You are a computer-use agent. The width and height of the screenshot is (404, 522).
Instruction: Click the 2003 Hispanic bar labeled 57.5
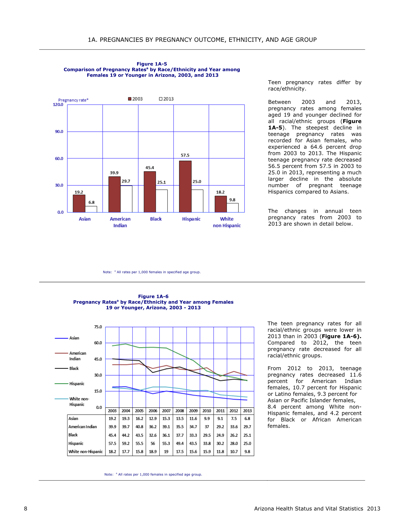(x=185, y=187)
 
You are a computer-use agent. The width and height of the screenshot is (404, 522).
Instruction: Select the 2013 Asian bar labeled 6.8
(x=91, y=209)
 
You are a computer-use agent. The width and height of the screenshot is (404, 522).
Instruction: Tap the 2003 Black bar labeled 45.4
(x=150, y=192)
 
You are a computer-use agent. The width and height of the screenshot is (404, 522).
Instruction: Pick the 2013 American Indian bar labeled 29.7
(x=126, y=199)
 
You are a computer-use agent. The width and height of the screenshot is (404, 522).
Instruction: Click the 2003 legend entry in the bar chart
(x=135, y=99)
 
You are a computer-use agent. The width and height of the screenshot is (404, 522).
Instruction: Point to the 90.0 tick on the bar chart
(x=59, y=131)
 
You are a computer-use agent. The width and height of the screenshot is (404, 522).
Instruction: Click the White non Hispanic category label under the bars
(x=227, y=222)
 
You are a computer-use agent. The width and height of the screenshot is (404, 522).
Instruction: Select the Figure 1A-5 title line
(x=152, y=64)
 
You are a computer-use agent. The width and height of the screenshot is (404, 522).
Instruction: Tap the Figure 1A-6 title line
(x=153, y=296)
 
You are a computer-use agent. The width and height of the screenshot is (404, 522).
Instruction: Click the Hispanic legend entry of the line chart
(x=69, y=384)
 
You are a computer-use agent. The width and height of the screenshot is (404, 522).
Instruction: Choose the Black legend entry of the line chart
(x=67, y=369)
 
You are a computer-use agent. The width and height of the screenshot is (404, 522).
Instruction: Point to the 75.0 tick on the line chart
(x=98, y=327)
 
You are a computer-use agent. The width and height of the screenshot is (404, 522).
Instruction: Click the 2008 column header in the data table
(x=180, y=411)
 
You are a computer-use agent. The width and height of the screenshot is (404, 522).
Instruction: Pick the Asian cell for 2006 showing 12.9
(x=153, y=419)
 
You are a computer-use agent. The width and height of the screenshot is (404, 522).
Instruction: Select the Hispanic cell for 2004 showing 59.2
(x=126, y=444)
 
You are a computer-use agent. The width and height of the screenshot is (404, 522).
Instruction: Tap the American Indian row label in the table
(x=83, y=427)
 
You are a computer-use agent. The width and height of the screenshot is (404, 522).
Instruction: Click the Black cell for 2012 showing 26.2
(x=234, y=435)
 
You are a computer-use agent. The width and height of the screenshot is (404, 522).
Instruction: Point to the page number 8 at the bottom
(x=26, y=509)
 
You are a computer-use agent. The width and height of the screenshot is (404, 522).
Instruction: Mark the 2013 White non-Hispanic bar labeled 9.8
(x=232, y=208)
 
